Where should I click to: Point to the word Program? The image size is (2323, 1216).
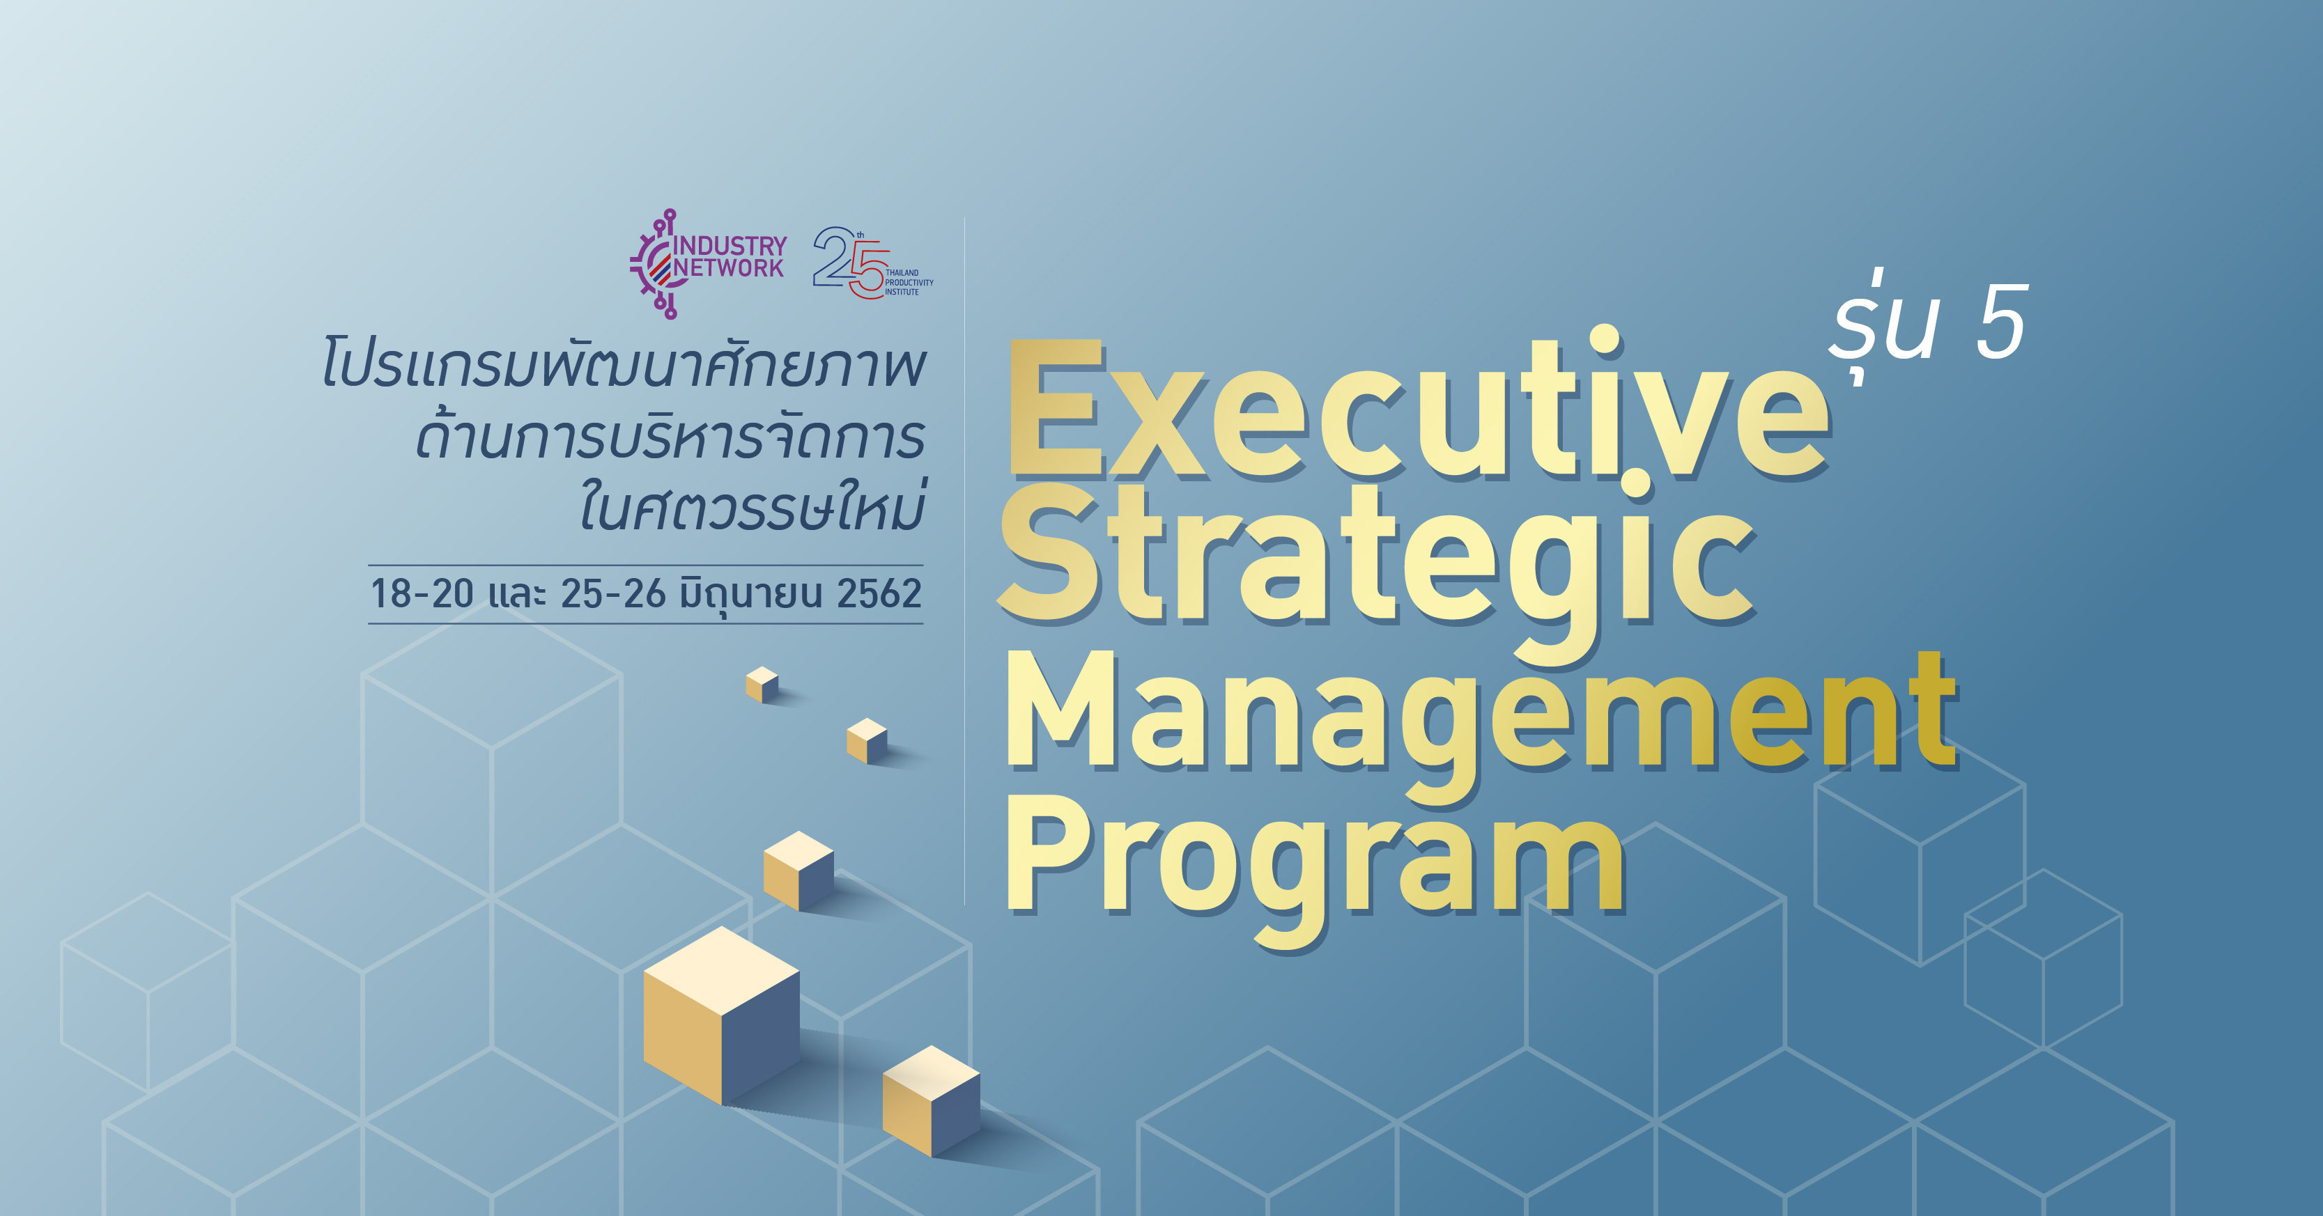[x=1317, y=870]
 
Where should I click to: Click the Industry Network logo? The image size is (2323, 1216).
[x=709, y=264]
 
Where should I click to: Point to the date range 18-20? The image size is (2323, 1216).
[x=422, y=594]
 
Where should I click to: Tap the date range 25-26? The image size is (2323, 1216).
[x=613, y=594]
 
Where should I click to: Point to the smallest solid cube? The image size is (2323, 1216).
[x=762, y=684]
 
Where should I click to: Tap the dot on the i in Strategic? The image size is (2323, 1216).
[x=1636, y=484]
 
